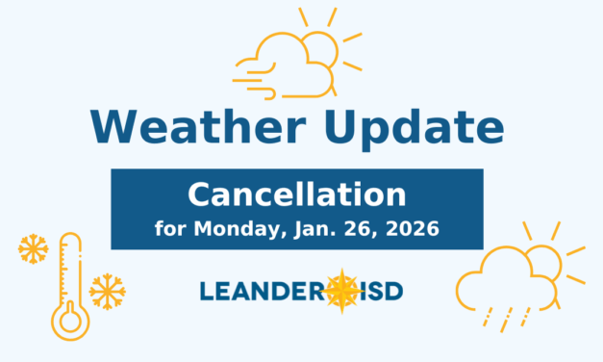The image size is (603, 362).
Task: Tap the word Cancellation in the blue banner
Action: (296, 195)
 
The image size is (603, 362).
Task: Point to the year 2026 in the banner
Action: (414, 230)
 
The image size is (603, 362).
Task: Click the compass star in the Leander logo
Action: (341, 290)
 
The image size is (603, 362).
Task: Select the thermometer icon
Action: (68, 284)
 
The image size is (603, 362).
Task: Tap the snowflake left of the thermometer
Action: (33, 249)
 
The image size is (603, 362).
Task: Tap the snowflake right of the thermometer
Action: (106, 291)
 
